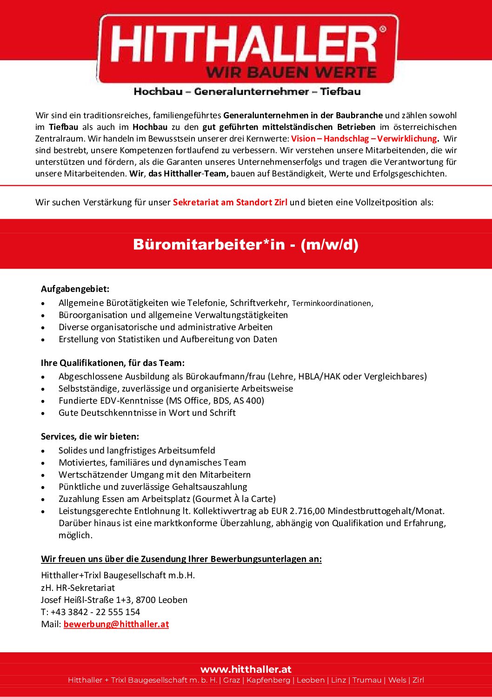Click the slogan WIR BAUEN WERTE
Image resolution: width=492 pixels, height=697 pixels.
pyautogui.click(x=291, y=73)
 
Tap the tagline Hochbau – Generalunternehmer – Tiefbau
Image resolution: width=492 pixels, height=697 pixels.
pyautogui.click(x=247, y=92)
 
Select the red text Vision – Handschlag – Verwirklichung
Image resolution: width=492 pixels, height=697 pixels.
pyautogui.click(x=364, y=139)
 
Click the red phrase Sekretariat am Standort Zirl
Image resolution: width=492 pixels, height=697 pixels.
pyautogui.click(x=230, y=203)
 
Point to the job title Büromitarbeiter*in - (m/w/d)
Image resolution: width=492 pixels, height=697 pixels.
pyautogui.click(x=246, y=244)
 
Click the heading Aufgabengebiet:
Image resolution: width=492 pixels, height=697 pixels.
pyautogui.click(x=75, y=289)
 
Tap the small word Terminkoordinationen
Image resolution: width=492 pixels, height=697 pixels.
pyautogui.click(x=332, y=304)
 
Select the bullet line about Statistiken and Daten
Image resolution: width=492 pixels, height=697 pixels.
pyautogui.click(x=167, y=339)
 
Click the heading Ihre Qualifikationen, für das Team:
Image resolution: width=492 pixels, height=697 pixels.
pyautogui.click(x=113, y=363)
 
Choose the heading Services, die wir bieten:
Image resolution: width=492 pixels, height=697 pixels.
pyautogui.click(x=90, y=437)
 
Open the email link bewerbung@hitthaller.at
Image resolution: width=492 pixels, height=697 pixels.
pyautogui.click(x=116, y=624)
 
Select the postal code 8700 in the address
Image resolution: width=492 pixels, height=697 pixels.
pyautogui.click(x=145, y=600)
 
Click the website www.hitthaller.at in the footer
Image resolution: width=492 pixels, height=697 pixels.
pyautogui.click(x=246, y=670)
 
